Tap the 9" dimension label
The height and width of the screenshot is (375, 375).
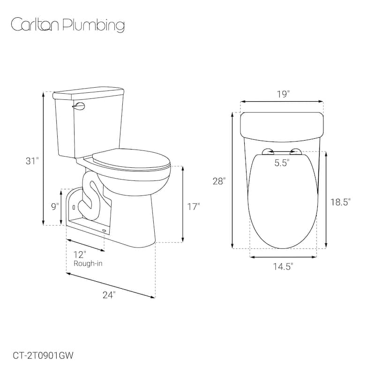point(55,206)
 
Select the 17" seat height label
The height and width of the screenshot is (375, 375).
point(193,206)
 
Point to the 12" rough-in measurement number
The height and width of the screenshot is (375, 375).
point(80,255)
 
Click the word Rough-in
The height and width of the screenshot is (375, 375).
point(88,263)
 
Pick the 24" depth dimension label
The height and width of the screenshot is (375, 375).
point(108,294)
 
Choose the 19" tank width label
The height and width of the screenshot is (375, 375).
point(283,94)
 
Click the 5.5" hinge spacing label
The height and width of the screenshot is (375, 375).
point(282,163)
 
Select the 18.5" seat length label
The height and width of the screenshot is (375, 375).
point(341,202)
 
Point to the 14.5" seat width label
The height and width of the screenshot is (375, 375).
point(283,267)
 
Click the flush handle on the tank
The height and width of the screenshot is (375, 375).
point(78,107)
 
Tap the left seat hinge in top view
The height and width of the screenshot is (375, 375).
point(268,150)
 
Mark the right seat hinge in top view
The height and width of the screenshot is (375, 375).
point(296,150)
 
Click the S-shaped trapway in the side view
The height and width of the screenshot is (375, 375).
point(89,197)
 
